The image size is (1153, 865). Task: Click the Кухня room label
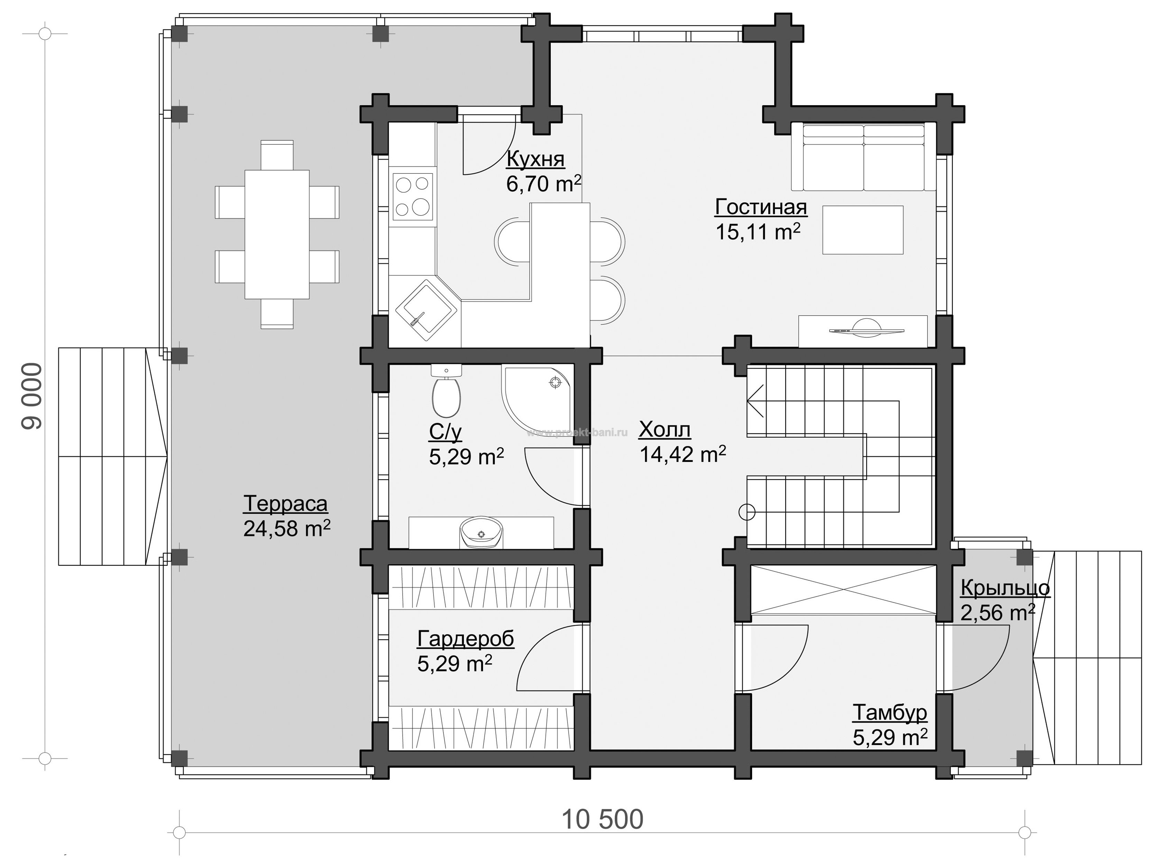pyautogui.click(x=535, y=159)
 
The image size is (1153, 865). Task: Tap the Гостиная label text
pyautogui.click(x=761, y=207)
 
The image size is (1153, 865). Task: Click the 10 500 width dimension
pyautogui.click(x=602, y=820)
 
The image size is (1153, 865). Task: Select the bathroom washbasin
pyautogui.click(x=481, y=532)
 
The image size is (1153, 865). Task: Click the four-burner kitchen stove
pyautogui.click(x=412, y=197)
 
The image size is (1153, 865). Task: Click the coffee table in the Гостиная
pyautogui.click(x=863, y=230)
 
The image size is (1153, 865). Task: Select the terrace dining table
pyautogui.click(x=277, y=234)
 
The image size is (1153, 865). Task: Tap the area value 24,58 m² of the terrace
pyautogui.click(x=287, y=529)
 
